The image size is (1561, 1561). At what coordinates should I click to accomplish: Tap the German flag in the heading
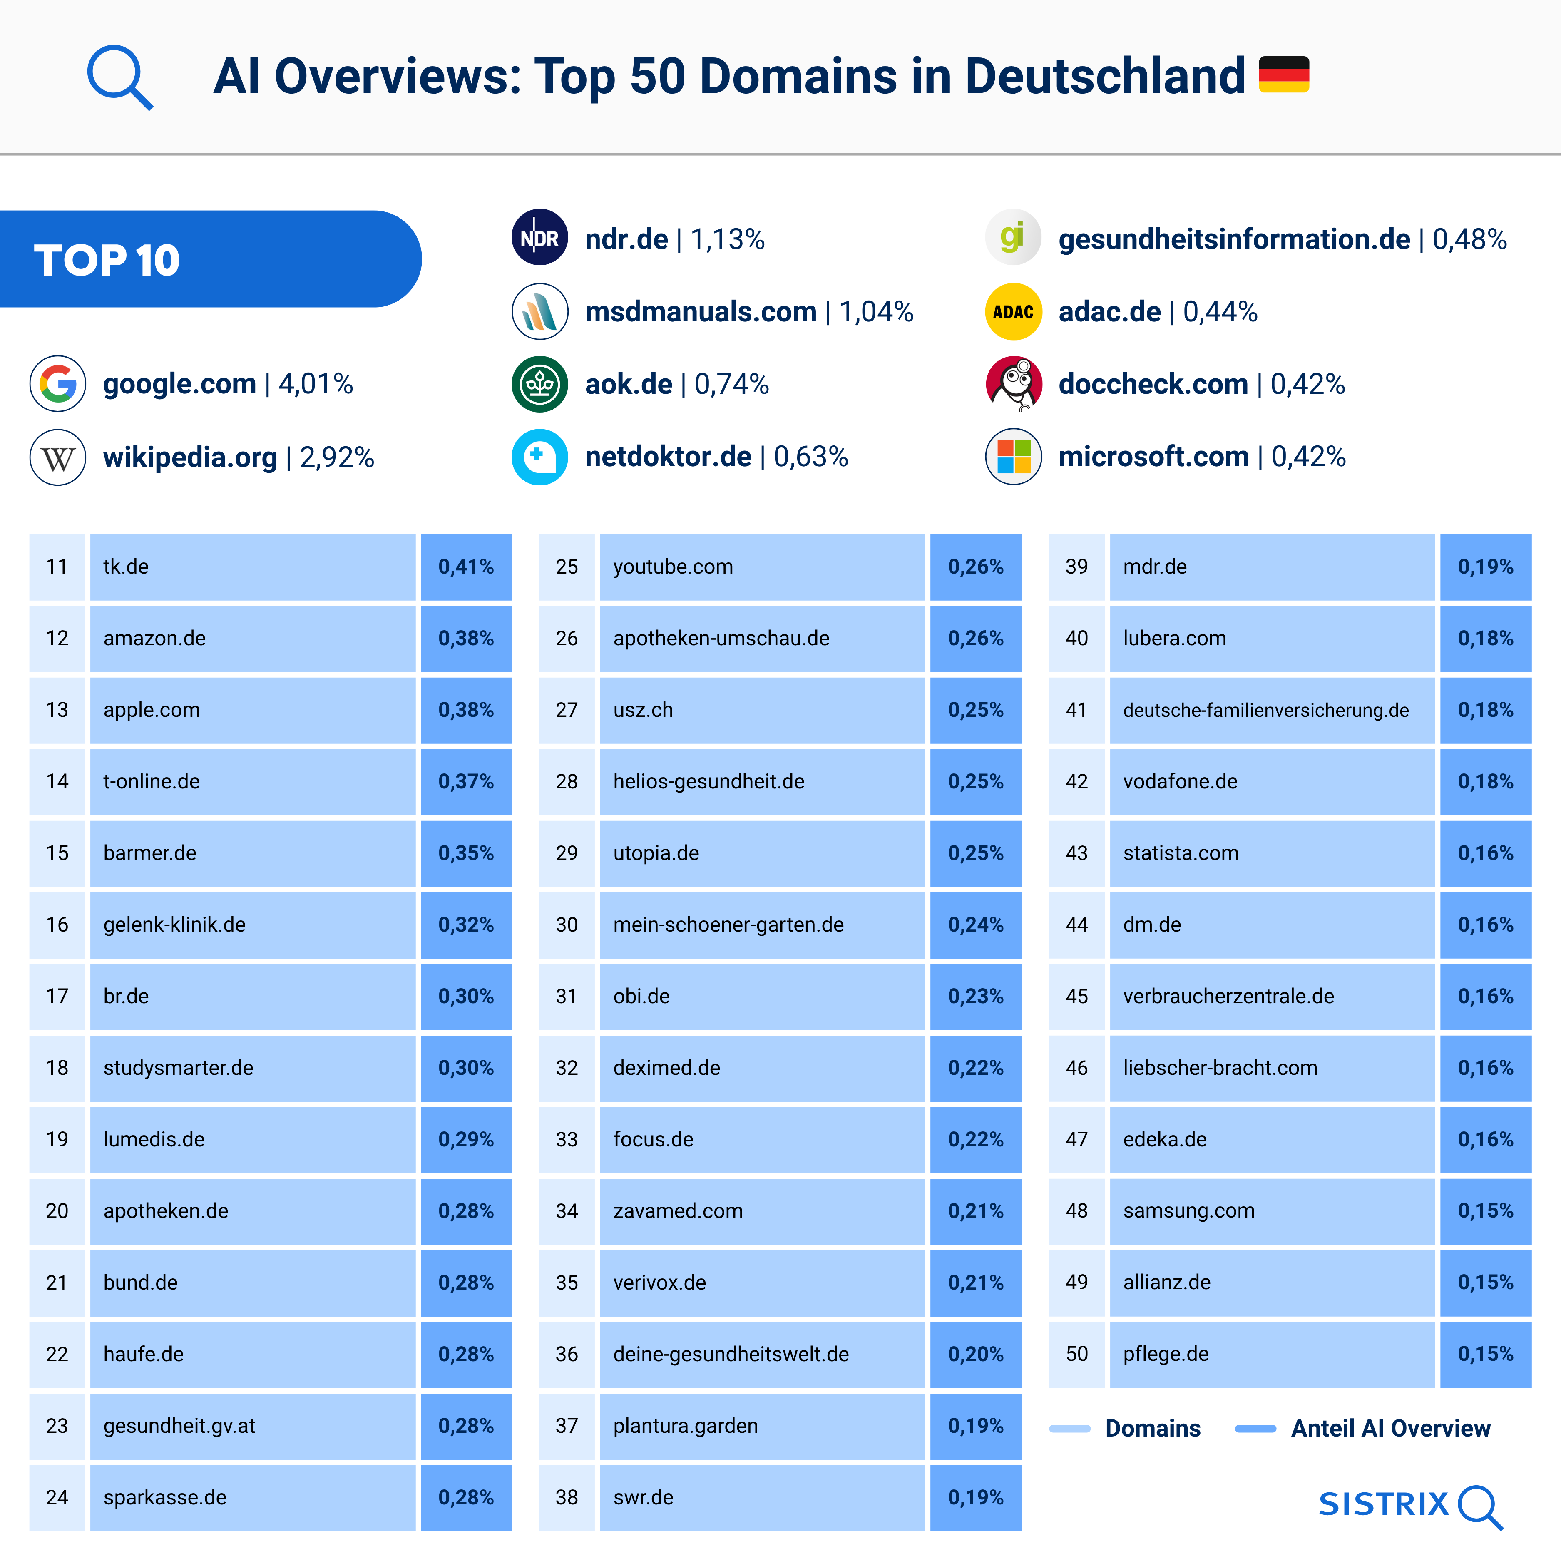pos(1284,75)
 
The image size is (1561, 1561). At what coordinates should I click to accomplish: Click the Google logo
pos(58,384)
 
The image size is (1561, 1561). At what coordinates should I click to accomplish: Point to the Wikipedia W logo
pos(58,457)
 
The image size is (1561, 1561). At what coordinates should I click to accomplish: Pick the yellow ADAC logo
pos(1013,312)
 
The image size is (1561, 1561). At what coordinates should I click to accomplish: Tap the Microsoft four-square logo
pos(1013,457)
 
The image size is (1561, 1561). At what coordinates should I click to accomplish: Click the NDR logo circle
pos(540,239)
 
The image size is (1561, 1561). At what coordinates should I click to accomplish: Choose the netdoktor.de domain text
pos(668,457)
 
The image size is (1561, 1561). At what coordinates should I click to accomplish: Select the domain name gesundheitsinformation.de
pos(1234,239)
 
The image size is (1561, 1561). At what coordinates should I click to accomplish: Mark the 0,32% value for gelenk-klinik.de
pos(466,924)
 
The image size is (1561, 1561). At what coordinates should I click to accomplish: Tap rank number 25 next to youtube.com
pos(567,567)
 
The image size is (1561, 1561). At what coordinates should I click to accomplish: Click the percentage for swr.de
pos(975,1497)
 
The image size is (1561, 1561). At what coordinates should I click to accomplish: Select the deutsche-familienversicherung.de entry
pos(1265,710)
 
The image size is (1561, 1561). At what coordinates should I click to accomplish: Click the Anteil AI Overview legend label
pos(1390,1429)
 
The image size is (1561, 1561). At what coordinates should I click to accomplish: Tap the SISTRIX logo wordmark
pos(1384,1504)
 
